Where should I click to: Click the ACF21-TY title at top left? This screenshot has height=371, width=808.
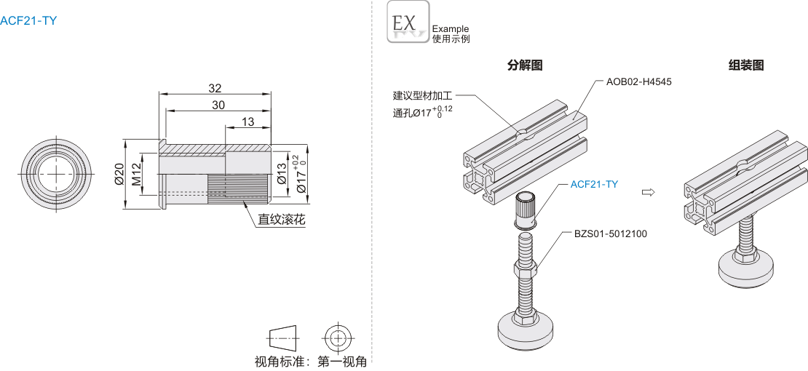click(28, 20)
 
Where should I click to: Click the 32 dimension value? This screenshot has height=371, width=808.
click(215, 88)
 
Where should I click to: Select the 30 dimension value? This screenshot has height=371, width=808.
click(218, 105)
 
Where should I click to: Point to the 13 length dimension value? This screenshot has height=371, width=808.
click(247, 121)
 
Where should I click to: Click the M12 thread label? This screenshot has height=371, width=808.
click(136, 174)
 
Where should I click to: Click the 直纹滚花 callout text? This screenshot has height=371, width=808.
click(281, 218)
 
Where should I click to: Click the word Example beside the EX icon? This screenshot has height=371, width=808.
click(451, 29)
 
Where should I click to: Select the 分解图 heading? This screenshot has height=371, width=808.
click(525, 65)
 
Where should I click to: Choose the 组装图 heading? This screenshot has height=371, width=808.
click(746, 65)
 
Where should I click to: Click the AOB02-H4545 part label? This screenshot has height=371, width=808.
click(638, 81)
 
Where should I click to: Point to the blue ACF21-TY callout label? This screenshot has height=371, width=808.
click(594, 184)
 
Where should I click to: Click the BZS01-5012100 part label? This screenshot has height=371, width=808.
click(610, 234)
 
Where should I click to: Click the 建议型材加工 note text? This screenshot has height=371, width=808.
click(423, 95)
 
